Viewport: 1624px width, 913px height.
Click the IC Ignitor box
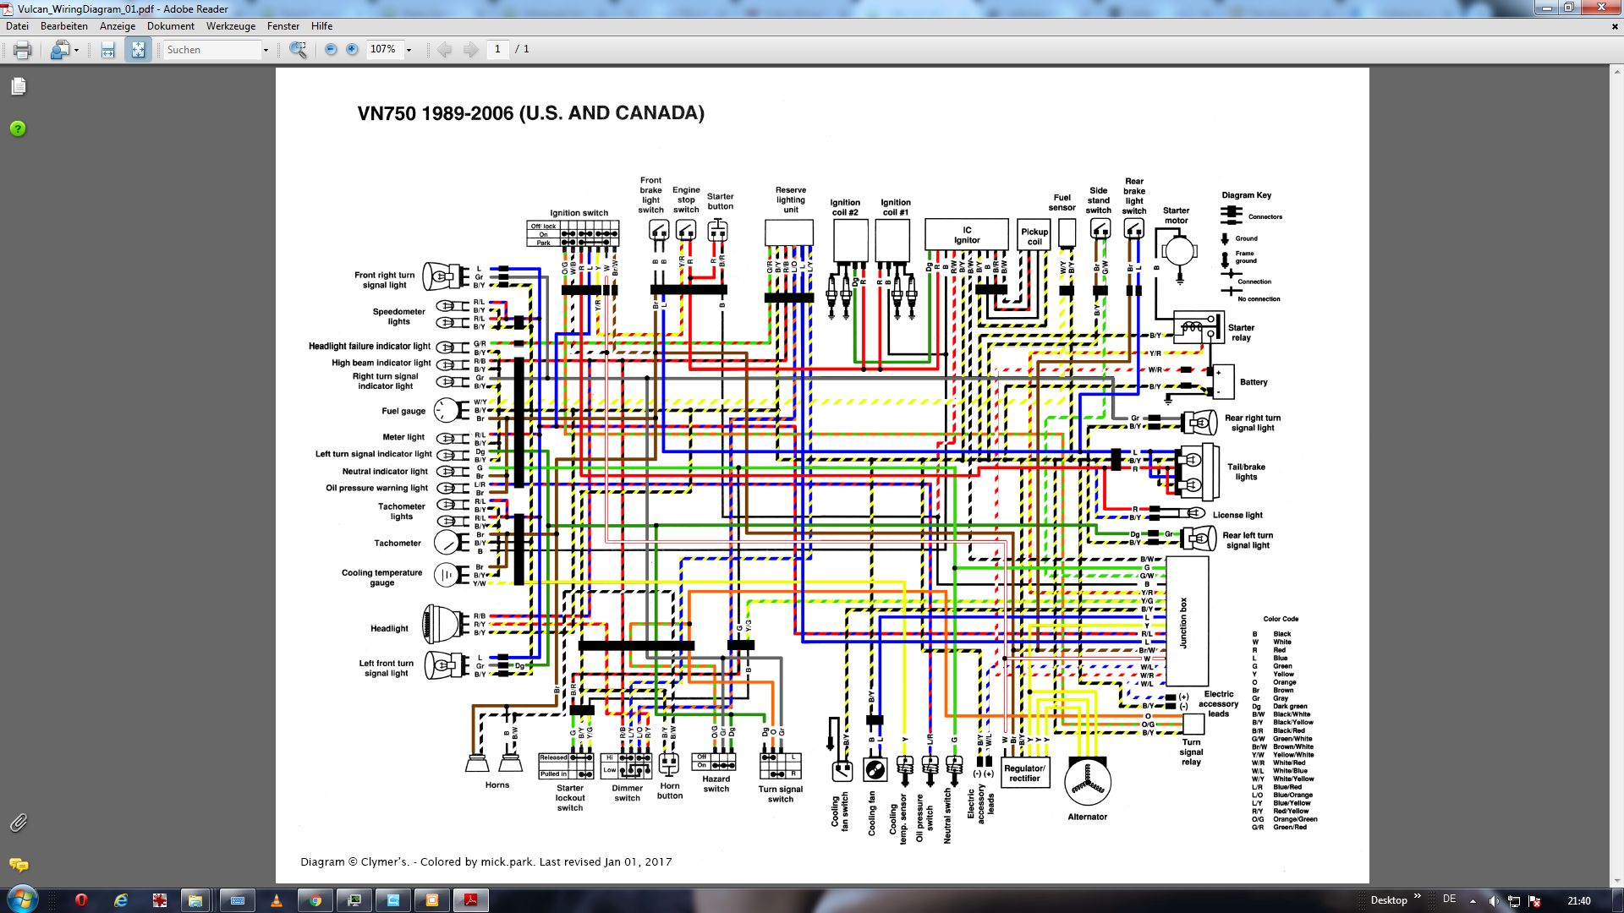pyautogui.click(x=966, y=234)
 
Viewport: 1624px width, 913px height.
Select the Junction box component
pyautogui.click(x=1187, y=621)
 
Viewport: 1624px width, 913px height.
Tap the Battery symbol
pyautogui.click(x=1221, y=382)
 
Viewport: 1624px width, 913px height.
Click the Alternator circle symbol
pyautogui.click(x=1087, y=783)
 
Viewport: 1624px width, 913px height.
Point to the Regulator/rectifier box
pyautogui.click(x=1024, y=774)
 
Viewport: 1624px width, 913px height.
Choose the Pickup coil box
pyautogui.click(x=1034, y=237)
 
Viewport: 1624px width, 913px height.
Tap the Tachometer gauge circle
pyautogui.click(x=447, y=543)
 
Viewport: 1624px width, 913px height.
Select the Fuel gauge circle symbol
pyautogui.click(x=446, y=411)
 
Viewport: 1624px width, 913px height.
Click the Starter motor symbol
pyautogui.click(x=1178, y=251)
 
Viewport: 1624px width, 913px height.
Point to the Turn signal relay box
pyautogui.click(x=1193, y=724)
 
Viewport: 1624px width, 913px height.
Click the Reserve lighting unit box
pyautogui.click(x=789, y=232)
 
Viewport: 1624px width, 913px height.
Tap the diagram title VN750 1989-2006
pyautogui.click(x=530, y=113)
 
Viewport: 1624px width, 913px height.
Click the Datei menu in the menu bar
pyautogui.click(x=18, y=26)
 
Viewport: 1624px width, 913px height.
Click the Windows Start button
pyautogui.click(x=20, y=899)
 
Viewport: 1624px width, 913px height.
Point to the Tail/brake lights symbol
pyautogui.click(x=1195, y=473)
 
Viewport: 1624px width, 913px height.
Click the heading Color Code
pyautogui.click(x=1281, y=619)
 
